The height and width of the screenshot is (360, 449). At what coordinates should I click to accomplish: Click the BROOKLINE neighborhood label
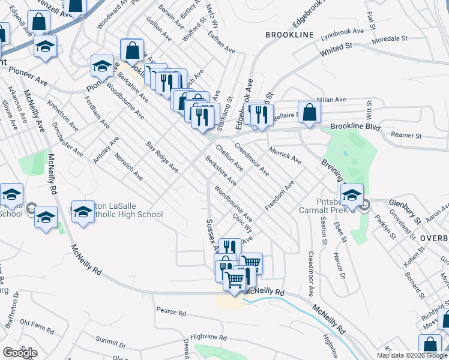290,35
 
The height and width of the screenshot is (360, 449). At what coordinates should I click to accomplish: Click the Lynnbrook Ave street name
342,31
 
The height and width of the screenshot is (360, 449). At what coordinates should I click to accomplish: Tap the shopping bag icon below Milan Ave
309,112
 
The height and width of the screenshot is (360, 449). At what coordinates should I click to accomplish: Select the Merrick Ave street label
285,155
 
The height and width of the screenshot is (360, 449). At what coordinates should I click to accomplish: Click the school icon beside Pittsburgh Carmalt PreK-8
352,194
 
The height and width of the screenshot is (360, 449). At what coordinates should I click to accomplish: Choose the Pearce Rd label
171,313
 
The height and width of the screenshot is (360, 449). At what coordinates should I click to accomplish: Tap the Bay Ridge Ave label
162,157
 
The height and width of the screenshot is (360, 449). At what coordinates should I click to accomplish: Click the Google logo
19,352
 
